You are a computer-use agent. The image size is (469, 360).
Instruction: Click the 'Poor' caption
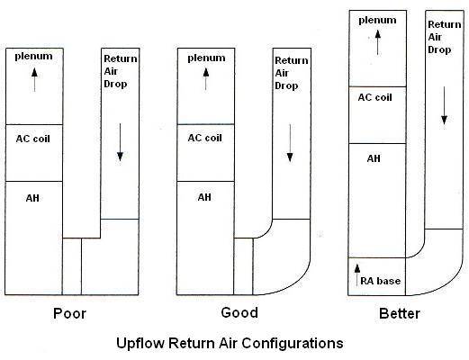coord(69,313)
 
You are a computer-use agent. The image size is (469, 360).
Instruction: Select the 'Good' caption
coord(239,312)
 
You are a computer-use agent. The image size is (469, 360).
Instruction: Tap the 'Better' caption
coord(400,313)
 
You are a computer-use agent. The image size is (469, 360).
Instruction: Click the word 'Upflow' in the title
coord(140,343)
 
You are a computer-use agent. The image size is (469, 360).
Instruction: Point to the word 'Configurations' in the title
coord(293,343)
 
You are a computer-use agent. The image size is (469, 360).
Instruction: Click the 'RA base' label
coord(380,281)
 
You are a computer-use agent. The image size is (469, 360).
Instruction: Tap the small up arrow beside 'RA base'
coord(356,274)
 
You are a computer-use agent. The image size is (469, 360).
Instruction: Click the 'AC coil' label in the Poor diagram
coord(33,139)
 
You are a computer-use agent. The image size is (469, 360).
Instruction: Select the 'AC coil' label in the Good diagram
coord(205,138)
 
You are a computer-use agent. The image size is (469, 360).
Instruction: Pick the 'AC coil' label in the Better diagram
coord(375,97)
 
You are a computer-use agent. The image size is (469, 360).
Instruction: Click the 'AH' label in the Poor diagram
coord(32,198)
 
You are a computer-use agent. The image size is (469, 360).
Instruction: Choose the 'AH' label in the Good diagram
coord(204,197)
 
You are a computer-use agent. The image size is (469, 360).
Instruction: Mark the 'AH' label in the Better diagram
coord(374,158)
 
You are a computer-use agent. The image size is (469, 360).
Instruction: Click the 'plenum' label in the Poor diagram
coord(33,57)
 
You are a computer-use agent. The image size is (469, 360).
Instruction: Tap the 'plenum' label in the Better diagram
coord(377,21)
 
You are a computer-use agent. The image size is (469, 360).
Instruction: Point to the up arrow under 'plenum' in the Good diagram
coord(206,79)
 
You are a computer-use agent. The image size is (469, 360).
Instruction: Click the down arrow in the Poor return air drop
coord(120,142)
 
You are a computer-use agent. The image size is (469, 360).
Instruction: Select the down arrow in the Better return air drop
coord(444,105)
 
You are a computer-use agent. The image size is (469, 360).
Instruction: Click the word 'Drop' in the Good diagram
coord(286,85)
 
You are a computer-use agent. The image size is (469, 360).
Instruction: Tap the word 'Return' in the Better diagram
coord(445,24)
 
